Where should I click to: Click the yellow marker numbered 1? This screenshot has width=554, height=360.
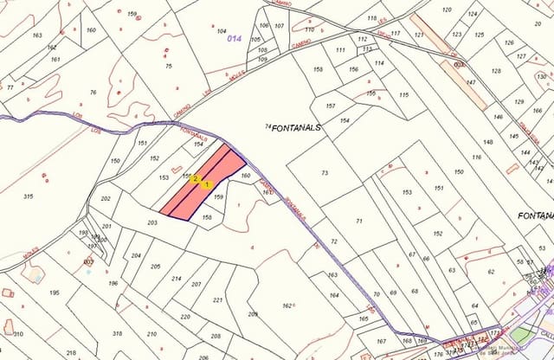[206, 184]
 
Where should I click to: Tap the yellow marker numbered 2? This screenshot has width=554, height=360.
[196, 179]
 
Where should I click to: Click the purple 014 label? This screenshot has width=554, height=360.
[233, 39]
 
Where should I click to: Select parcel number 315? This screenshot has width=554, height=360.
[29, 196]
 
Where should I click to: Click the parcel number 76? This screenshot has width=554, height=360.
[93, 93]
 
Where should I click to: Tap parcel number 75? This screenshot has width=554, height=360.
[169, 66]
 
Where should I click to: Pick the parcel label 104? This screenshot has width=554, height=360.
[222, 30]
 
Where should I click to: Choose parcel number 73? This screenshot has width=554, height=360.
[325, 173]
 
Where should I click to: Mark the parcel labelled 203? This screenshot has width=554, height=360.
[151, 223]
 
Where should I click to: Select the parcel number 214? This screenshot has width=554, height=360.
[177, 279]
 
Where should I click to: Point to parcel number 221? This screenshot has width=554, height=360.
[217, 299]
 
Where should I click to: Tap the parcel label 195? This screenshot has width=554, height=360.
[55, 293]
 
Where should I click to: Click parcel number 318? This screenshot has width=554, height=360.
[117, 333]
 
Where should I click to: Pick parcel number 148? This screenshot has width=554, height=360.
[488, 142]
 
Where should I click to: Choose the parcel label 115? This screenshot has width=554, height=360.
[403, 95]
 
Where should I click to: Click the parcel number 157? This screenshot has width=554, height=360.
[330, 106]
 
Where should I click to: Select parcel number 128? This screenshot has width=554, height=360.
[496, 71]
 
